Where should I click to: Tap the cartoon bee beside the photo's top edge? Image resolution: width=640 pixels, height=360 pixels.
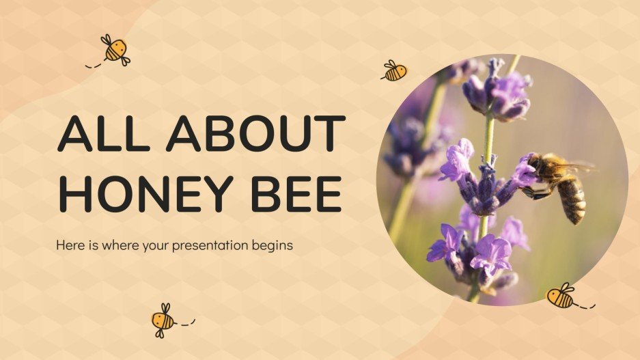click(x=395, y=70)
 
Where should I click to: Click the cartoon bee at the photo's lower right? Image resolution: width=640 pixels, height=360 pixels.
click(x=561, y=296)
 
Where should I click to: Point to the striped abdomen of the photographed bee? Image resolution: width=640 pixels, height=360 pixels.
click(x=572, y=200)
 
